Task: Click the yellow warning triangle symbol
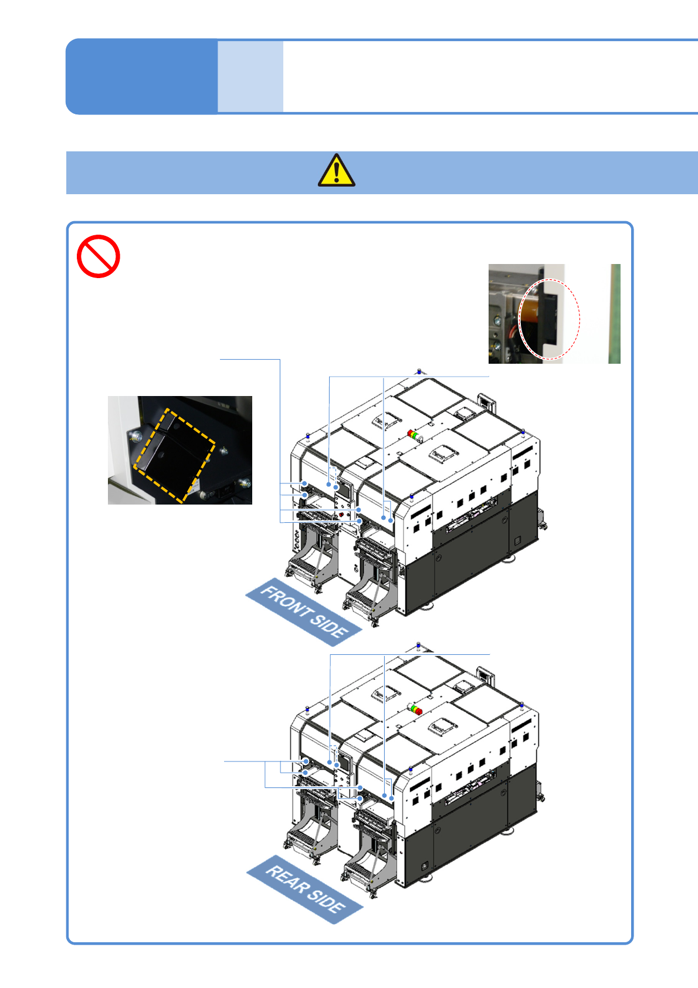point(336,171)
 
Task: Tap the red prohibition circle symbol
point(99,256)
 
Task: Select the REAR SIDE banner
point(305,888)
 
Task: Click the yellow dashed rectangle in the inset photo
point(174,456)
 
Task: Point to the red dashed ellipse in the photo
point(550,319)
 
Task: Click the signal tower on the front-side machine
point(415,436)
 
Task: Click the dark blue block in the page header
point(141,76)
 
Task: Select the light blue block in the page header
point(250,76)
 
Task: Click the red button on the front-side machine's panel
point(341,515)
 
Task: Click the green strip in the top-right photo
point(614,313)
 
